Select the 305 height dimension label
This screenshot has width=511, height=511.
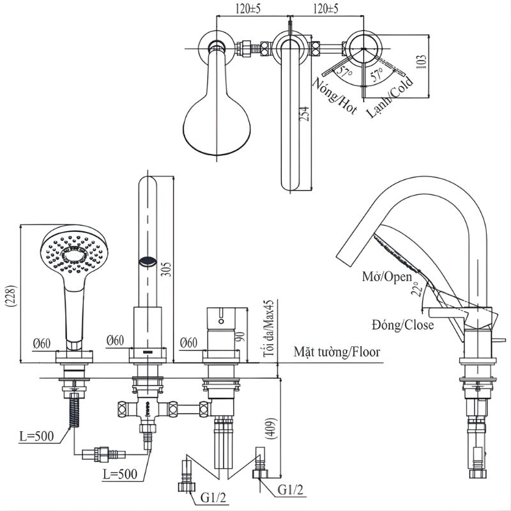coord(167,269)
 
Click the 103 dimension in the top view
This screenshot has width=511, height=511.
coord(421,61)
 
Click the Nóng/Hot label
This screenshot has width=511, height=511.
coord(334,96)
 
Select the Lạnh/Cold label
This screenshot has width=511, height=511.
coord(390,97)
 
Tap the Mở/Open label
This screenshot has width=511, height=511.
coord(387,277)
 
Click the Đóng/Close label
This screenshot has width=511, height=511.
coord(403,325)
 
